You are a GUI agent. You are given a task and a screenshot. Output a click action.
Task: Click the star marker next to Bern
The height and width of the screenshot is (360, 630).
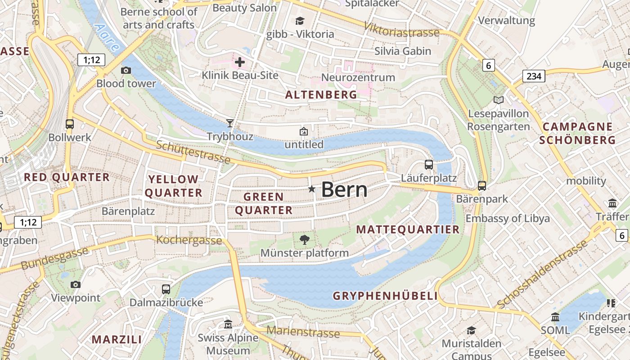[311, 189]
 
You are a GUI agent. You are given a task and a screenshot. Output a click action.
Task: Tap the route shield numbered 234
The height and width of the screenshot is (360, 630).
[534, 76]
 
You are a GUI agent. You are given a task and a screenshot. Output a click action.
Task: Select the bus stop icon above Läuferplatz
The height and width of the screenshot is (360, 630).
[428, 165]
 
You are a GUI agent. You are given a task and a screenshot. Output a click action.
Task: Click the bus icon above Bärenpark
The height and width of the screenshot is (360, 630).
[481, 185]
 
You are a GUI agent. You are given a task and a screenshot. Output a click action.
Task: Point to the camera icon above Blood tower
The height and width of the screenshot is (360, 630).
[126, 70]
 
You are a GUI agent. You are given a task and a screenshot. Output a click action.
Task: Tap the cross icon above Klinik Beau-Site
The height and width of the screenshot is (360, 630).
[240, 62]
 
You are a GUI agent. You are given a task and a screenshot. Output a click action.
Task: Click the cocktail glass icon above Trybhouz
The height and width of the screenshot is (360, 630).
[230, 123]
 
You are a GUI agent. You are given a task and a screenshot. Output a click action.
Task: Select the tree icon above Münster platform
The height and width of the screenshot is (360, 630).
[305, 239]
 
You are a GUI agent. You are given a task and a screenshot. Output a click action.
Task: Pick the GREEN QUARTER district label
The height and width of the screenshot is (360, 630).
[264, 203]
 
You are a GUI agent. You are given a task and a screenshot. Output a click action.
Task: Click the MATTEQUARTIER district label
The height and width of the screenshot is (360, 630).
[408, 229]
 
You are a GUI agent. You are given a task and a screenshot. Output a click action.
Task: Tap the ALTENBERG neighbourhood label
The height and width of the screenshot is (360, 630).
[321, 95]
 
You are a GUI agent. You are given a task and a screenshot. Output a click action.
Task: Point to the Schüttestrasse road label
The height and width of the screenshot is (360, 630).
[193, 152]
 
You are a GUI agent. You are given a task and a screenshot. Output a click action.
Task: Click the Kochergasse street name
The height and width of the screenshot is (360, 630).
[189, 240]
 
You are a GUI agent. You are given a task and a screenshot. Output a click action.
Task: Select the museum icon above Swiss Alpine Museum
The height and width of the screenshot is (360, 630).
[228, 324]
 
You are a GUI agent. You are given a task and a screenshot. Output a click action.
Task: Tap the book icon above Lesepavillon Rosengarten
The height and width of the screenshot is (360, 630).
[498, 100]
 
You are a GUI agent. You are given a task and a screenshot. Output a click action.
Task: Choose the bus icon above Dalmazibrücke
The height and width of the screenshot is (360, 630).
[166, 289]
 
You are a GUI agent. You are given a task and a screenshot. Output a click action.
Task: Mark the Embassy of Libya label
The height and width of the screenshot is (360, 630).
[508, 219]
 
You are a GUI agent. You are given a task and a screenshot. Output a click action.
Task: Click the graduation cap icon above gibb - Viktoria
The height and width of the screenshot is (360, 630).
[300, 21]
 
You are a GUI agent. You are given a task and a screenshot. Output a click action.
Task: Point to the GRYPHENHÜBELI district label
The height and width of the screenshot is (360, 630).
[385, 296]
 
